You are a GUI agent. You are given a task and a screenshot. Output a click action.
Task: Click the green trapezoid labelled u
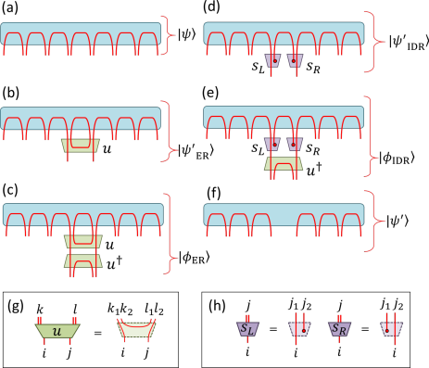click(x=57, y=331)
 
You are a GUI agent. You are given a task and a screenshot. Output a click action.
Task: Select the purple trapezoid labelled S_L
click(x=247, y=329)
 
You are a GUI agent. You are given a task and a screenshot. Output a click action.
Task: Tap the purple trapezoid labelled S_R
click(x=340, y=329)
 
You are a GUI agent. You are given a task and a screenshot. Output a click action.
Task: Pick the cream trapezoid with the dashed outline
click(x=136, y=329)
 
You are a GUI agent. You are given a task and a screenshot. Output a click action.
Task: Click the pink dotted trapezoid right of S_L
click(x=299, y=329)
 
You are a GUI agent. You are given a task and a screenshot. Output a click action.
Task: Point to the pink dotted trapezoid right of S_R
click(x=392, y=329)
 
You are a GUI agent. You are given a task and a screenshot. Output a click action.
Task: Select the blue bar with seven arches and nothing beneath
click(x=81, y=33)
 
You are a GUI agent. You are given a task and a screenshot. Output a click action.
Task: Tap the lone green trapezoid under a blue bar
click(x=81, y=146)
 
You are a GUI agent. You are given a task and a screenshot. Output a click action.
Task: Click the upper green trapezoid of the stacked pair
click(x=82, y=242)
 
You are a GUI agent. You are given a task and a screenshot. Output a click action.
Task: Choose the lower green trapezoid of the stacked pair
click(x=82, y=261)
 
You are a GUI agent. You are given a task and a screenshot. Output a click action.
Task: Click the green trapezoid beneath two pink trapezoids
click(x=284, y=164)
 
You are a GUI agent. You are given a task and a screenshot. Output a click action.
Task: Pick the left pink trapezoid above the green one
click(x=272, y=144)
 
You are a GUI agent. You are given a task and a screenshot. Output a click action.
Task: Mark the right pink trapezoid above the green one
click(x=295, y=144)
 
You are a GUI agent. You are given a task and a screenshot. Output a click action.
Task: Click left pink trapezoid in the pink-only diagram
click(x=272, y=60)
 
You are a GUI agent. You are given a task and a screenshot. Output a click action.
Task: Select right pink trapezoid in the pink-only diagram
click(x=295, y=60)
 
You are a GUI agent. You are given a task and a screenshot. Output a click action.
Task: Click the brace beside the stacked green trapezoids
click(x=170, y=233)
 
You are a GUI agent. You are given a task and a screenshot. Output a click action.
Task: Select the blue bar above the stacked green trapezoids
click(x=82, y=214)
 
